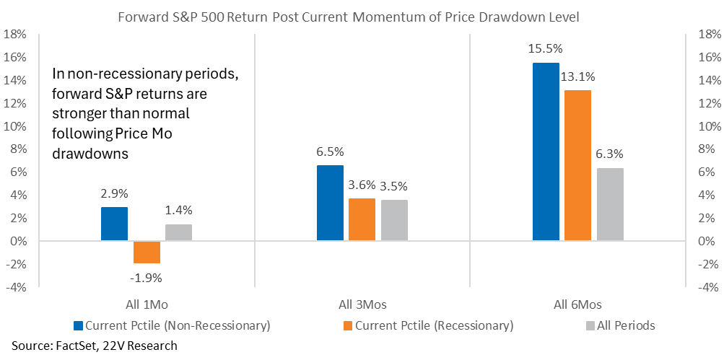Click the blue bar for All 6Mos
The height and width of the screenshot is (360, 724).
click(546, 152)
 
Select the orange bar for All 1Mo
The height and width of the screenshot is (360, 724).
click(147, 252)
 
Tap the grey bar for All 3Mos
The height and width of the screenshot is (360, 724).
click(394, 221)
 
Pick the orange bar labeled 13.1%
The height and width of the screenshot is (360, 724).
click(577, 166)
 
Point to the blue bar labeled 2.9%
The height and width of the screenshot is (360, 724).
click(115, 224)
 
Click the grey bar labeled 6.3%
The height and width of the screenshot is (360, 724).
click(610, 204)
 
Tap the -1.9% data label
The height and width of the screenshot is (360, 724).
click(147, 278)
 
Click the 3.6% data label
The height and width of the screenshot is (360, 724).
click(362, 185)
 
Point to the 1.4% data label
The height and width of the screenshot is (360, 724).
click(179, 210)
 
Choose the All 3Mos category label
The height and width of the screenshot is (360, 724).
click(362, 304)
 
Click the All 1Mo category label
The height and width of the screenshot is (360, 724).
click(147, 304)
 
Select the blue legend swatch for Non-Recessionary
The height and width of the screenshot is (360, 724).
click(78, 325)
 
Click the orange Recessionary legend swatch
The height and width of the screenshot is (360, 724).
click(348, 325)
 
